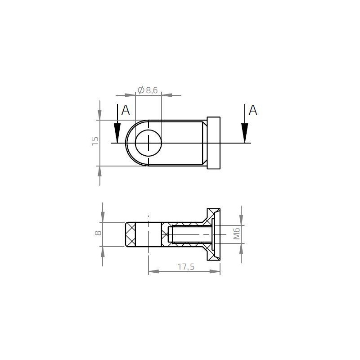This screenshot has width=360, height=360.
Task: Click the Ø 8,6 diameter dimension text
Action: pyautogui.click(x=147, y=90)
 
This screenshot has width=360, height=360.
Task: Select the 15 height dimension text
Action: pyautogui.click(x=94, y=141)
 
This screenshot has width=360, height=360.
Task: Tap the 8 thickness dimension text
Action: pyautogui.click(x=98, y=233)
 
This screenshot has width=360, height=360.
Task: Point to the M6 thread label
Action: pyautogui.click(x=237, y=234)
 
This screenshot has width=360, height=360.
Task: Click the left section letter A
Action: pyautogui.click(x=126, y=110)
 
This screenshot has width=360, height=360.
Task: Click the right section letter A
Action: pyautogui.click(x=253, y=110)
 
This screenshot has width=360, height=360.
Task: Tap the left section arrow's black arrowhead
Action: pyautogui.click(x=117, y=133)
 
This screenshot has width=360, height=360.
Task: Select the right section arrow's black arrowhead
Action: pyautogui.click(x=244, y=133)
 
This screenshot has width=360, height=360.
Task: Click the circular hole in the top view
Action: pyautogui.click(x=148, y=143)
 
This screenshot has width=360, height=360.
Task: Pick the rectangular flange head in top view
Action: pyautogui.click(x=213, y=143)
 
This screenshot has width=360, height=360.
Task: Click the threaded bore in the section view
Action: pyautogui.click(x=189, y=234)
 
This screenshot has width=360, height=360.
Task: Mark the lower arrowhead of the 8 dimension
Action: pyautogui.click(x=103, y=251)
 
